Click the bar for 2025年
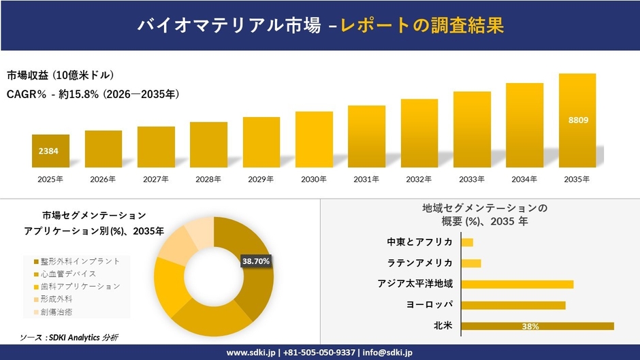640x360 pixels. pyautogui.click(x=50, y=150)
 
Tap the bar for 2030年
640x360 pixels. pyautogui.click(x=314, y=140)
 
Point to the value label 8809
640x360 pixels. pyautogui.click(x=577, y=120)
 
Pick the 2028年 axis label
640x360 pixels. pyautogui.click(x=208, y=180)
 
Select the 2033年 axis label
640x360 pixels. pyautogui.click(x=472, y=180)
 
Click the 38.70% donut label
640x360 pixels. pyautogui.click(x=257, y=261)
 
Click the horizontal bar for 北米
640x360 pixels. pyautogui.click(x=537, y=326)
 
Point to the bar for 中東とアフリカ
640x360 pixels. pyautogui.click(x=467, y=242)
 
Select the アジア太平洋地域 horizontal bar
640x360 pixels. pyautogui.click(x=517, y=284)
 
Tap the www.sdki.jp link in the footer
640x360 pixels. pyautogui.click(x=250, y=353)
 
